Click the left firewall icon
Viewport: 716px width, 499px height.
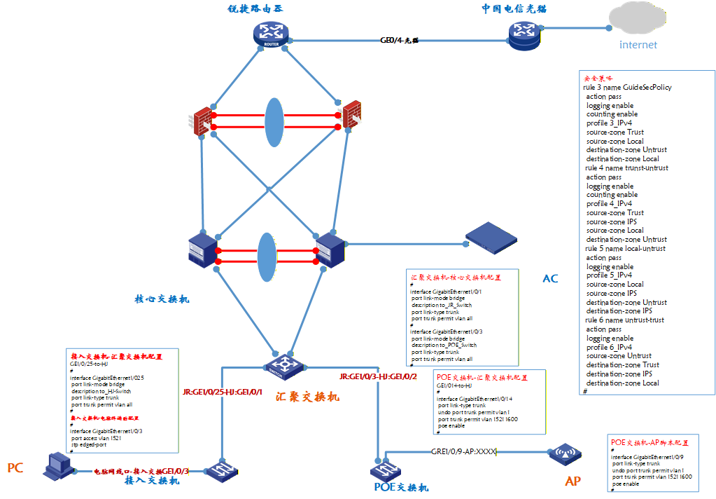tap(203, 121)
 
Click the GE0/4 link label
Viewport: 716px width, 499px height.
tap(399, 41)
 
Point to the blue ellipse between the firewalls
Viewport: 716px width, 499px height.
tap(274, 122)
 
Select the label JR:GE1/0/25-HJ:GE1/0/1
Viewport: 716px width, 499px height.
tap(222, 392)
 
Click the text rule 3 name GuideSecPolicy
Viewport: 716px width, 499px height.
tap(627, 87)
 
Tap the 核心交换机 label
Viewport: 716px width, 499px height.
tap(162, 299)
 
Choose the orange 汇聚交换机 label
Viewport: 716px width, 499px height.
tap(307, 397)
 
